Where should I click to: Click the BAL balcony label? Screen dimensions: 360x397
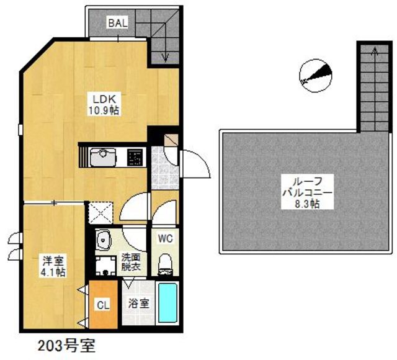coord(118,23)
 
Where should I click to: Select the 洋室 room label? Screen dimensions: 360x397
coord(52,261)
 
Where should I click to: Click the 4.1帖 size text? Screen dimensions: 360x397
coord(52,272)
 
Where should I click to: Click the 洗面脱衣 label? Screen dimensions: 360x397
coord(131,261)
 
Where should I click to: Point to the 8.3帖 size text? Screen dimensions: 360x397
coord(306,204)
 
